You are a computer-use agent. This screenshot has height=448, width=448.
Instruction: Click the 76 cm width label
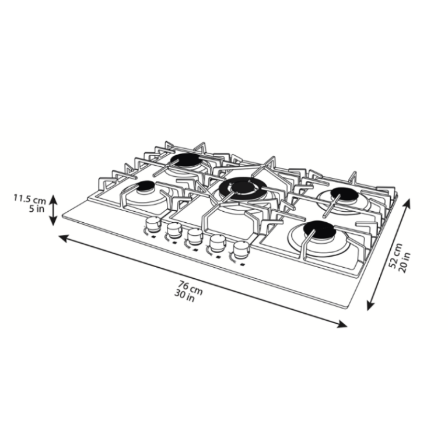[191, 286]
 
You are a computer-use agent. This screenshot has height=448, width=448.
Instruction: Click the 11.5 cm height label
[30, 199]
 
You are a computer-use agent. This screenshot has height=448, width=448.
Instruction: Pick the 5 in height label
[37, 208]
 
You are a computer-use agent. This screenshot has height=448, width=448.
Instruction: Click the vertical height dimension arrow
[53, 210]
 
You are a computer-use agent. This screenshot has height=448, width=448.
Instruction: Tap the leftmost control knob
[153, 224]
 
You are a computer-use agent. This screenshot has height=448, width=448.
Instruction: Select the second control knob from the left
[174, 230]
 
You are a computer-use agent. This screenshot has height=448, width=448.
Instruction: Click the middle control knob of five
[195, 236]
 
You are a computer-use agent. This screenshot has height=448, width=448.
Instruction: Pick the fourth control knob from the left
[217, 242]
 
